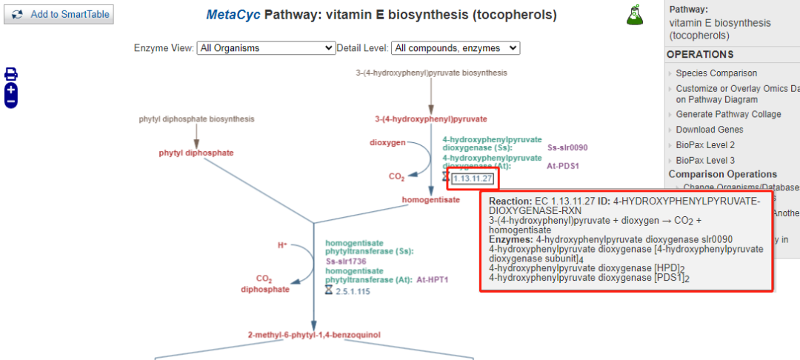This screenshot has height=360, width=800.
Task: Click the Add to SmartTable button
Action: (x=59, y=14)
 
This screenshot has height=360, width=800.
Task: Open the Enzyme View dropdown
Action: (x=266, y=48)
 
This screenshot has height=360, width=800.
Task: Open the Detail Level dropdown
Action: (x=456, y=48)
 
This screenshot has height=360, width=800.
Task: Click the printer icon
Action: (x=11, y=73)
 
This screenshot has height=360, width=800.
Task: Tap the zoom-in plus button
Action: (x=11, y=89)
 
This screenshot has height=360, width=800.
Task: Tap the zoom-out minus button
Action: (x=11, y=101)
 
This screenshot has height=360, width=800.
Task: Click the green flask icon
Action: (x=635, y=15)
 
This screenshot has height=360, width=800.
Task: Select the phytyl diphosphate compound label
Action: (x=196, y=153)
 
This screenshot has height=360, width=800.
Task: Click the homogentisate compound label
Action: (x=430, y=200)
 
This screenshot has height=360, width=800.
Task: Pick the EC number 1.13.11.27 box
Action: (x=473, y=178)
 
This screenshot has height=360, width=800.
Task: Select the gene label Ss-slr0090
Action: (x=567, y=147)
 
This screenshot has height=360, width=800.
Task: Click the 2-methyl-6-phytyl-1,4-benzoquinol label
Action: (x=314, y=336)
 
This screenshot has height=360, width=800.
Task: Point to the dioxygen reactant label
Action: (x=387, y=142)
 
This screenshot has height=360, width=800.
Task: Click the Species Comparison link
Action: (x=716, y=73)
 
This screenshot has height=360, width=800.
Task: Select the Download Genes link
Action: (x=710, y=130)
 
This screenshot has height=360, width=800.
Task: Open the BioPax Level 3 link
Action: (x=705, y=160)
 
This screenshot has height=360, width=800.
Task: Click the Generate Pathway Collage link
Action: (x=728, y=114)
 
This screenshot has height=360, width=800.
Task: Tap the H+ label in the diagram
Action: (x=282, y=244)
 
